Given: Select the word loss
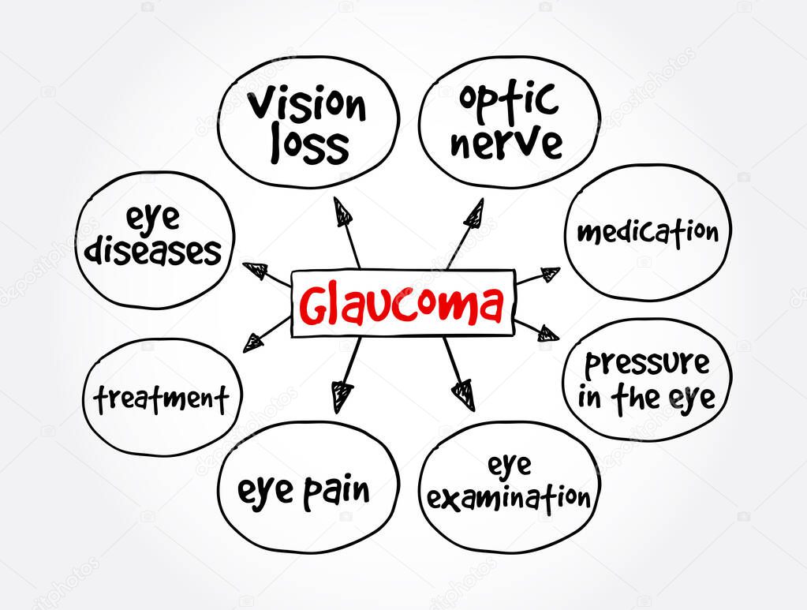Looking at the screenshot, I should pos(309,147).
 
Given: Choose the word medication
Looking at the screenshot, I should pos(647,232).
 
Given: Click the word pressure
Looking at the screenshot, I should pos(646,364).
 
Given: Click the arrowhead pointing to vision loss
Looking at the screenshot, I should pos(342,211).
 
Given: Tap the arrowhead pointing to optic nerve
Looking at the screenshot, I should pos(474,211).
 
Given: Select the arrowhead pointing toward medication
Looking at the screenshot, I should pos(548,275).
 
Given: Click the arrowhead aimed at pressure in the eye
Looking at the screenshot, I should pos(547,333).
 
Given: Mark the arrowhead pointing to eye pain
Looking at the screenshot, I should pos(342,395).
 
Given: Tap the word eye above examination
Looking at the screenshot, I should pos(509,466).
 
